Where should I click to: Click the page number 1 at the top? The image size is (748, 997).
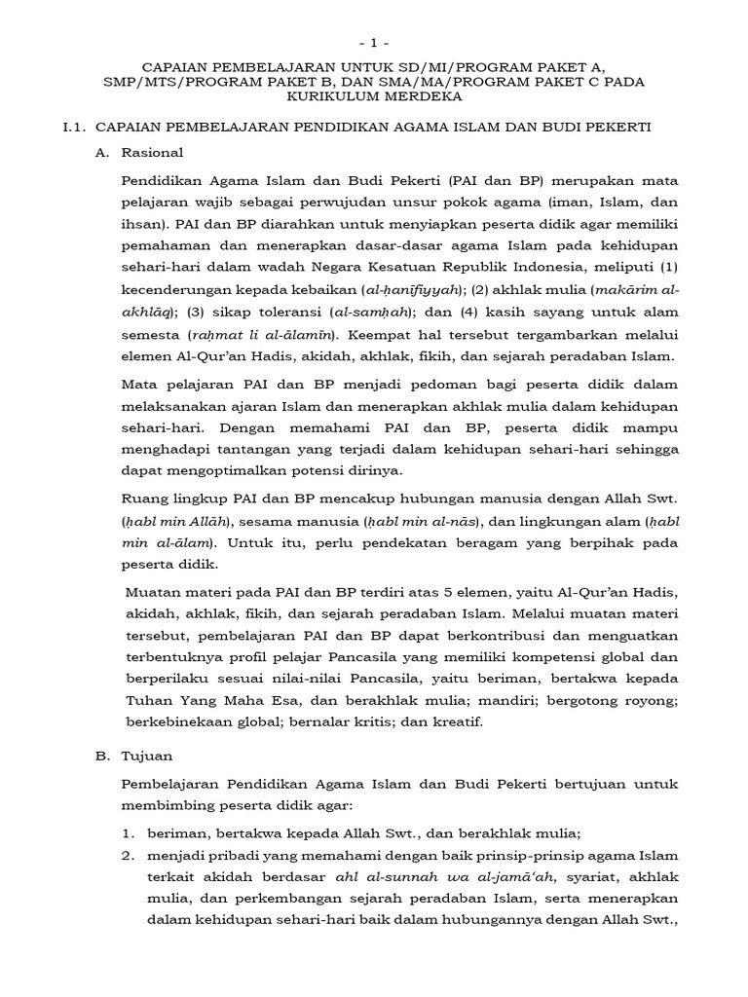[374, 44]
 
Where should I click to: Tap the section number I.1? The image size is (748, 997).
[77, 129]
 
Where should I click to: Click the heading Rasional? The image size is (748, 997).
[152, 154]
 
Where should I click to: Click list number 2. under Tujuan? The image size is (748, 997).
[128, 856]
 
